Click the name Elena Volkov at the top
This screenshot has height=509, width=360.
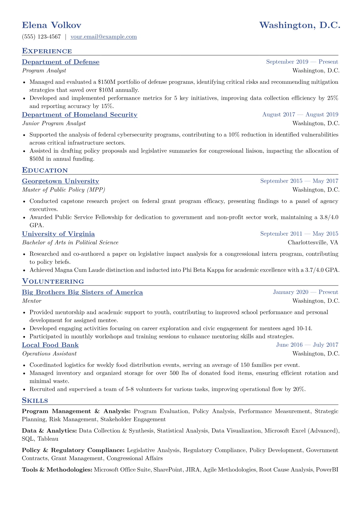(51, 25)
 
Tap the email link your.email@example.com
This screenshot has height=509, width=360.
(103, 37)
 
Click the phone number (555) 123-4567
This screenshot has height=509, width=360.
(41, 37)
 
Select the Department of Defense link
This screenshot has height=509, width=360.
(61, 62)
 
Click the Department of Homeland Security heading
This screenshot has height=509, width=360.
(80, 115)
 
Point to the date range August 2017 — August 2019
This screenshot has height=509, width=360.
(300, 115)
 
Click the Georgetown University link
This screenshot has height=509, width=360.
(61, 181)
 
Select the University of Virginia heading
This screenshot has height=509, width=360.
(58, 234)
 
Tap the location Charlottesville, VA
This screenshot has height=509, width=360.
(313, 243)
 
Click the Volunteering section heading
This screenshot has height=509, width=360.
(53, 282)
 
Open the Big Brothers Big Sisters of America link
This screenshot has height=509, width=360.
(82, 292)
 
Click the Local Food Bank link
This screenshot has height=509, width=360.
(50, 345)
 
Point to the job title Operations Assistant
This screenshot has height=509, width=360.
(49, 354)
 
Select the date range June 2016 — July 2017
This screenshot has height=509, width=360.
(307, 345)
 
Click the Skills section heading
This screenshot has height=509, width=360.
(35, 401)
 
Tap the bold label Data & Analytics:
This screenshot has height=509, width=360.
(49, 431)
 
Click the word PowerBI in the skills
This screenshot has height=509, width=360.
(327, 470)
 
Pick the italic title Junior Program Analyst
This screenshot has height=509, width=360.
(54, 123)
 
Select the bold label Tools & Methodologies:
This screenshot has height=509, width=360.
(57, 470)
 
